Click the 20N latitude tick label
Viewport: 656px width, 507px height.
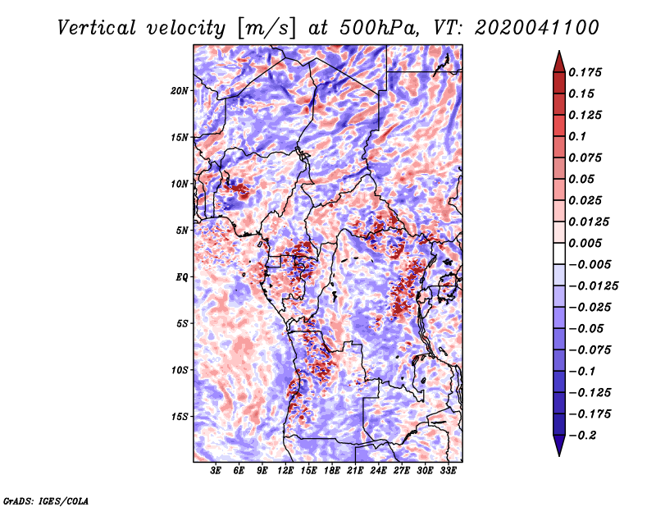180,91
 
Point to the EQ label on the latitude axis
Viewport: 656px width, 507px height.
182,277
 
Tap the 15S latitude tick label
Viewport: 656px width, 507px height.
180,417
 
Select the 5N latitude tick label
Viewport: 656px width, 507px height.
182,231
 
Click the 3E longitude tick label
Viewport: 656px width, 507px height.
216,470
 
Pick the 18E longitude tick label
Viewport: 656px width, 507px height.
332,470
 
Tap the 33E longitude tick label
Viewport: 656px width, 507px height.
448,470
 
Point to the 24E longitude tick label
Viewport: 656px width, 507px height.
378,470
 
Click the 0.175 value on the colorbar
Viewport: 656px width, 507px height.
585,72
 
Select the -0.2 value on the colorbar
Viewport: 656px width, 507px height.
582,436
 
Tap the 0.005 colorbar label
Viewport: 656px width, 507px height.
585,243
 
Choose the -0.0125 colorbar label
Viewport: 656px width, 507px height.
593,286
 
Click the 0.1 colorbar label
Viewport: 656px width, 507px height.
577,136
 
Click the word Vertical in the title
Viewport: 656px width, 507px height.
97,28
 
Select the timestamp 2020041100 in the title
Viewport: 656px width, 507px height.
537,28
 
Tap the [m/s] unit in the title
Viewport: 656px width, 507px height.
266,29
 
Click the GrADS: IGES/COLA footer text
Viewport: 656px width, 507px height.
46,500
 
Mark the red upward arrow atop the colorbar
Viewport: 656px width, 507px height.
559,62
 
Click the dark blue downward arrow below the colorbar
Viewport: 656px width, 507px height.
559,445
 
